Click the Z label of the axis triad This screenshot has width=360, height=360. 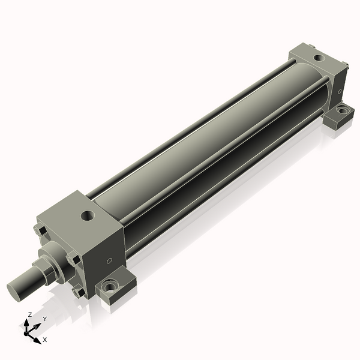pos(30,314)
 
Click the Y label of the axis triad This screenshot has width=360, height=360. pos(45,319)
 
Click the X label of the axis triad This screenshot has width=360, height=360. pos(45,340)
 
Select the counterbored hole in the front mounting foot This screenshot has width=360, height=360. pos(109,287)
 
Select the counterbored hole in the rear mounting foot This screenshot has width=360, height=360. pos(343,110)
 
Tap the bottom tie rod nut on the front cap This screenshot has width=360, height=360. pos(77,292)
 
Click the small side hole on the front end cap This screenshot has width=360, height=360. pos(109,260)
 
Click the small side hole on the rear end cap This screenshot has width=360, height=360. pos(340,91)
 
